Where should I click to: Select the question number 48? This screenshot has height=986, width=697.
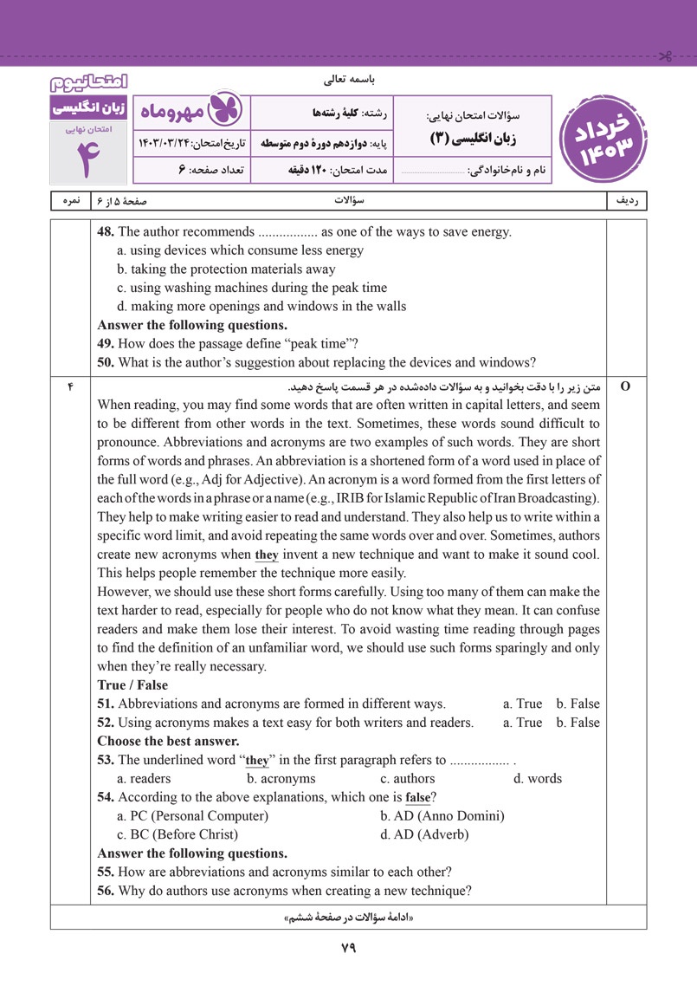(x=106, y=232)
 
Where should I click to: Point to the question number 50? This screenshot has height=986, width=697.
(x=106, y=363)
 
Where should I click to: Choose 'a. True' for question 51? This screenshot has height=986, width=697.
(x=522, y=704)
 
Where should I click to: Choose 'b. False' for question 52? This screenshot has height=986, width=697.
(x=578, y=723)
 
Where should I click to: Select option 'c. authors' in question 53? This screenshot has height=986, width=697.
(x=408, y=778)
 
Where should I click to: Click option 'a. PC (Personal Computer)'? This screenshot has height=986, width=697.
(x=192, y=815)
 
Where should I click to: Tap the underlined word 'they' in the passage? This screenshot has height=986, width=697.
(x=266, y=555)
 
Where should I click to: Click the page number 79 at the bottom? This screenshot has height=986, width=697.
(x=348, y=948)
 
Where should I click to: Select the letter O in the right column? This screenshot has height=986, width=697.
(x=625, y=386)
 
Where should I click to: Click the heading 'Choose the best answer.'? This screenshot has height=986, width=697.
(x=168, y=741)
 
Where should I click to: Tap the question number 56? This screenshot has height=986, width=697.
(x=106, y=890)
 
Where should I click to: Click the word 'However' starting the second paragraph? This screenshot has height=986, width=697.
(x=126, y=592)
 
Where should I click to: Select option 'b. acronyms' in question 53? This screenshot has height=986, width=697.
(x=281, y=778)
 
